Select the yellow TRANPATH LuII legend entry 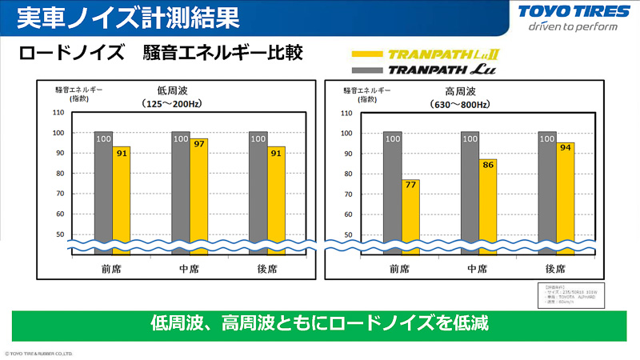click(x=425, y=56)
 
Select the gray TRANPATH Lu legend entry click(x=425, y=71)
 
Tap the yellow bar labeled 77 click(x=410, y=214)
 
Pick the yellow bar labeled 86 click(x=488, y=205)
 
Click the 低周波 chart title click(x=172, y=90)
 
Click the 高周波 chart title click(x=461, y=90)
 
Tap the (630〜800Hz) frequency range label click(x=461, y=104)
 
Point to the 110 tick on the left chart click(x=58, y=113)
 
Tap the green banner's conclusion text click(x=319, y=324)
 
